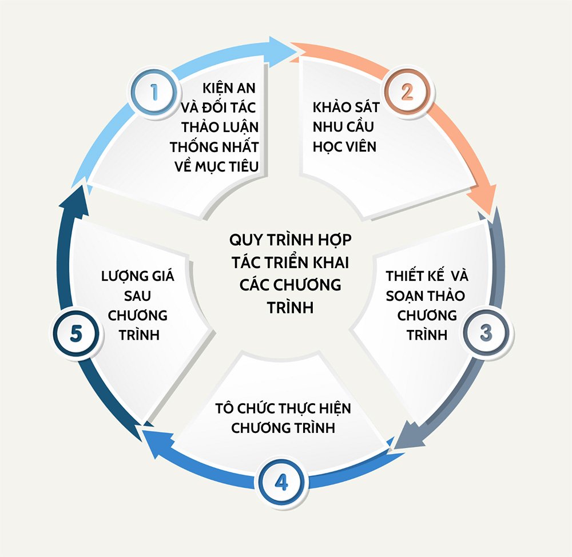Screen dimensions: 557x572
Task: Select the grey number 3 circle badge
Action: coord(485,333)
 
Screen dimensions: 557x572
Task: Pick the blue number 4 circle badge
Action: coord(281,482)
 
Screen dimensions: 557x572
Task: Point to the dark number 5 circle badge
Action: coord(76,333)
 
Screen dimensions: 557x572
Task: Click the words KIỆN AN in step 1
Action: coord(229,89)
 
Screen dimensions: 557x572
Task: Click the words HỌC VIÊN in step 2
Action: coord(344,146)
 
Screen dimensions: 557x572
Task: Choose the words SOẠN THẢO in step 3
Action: coord(425,296)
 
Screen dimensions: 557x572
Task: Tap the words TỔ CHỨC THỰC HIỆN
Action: coord(283,409)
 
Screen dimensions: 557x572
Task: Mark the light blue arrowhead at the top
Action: coord(283,49)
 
